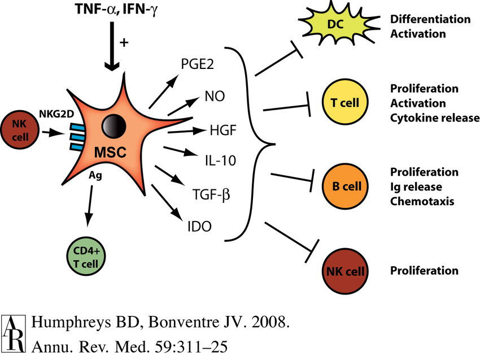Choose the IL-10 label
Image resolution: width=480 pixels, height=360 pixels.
pos(218,161)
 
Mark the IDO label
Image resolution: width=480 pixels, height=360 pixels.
pos(199,227)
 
